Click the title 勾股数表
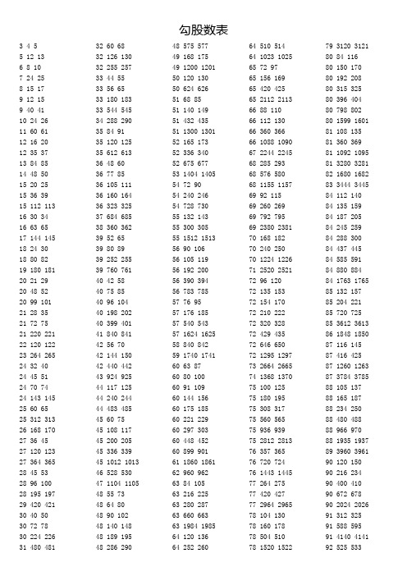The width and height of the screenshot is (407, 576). (203, 29)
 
